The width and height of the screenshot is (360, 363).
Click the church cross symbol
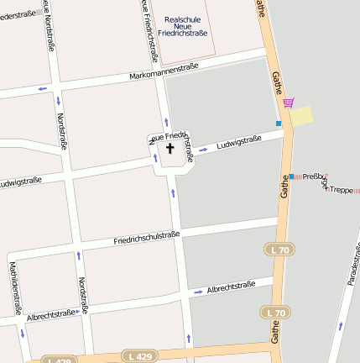(x=170, y=149)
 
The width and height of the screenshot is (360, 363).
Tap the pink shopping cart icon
(x=289, y=103)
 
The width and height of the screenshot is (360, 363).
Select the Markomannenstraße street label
(x=164, y=71)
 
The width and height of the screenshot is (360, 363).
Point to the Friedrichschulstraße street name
(x=147, y=239)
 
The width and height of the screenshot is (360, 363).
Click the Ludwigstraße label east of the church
(x=239, y=144)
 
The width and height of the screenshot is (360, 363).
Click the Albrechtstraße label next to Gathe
(x=231, y=287)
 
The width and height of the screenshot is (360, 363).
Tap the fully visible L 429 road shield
(x=138, y=355)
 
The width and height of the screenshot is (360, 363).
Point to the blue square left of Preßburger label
(x=292, y=176)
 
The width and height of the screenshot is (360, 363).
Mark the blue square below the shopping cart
(x=279, y=124)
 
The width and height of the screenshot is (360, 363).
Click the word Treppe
(x=342, y=190)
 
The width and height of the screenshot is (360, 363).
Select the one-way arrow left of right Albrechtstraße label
(x=197, y=292)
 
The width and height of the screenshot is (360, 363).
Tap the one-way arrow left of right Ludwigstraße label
(x=203, y=151)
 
